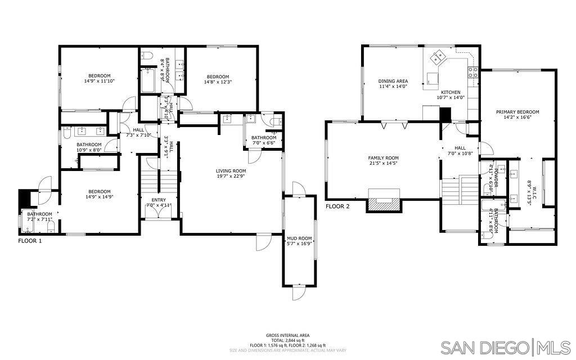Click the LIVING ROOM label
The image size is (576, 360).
coord(231,171)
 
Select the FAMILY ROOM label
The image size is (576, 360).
coord(384,158)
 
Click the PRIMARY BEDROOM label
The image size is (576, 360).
coord(517,112)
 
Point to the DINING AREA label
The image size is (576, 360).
coord(393,81)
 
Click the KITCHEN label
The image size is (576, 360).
coord(451,92)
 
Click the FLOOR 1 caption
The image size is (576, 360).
coord(30,240)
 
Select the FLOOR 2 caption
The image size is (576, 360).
coord(337,206)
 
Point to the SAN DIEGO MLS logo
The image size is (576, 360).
coord(505,346)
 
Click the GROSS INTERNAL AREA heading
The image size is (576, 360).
coord(287,335)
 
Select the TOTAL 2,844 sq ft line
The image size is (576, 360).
coord(287,340)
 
